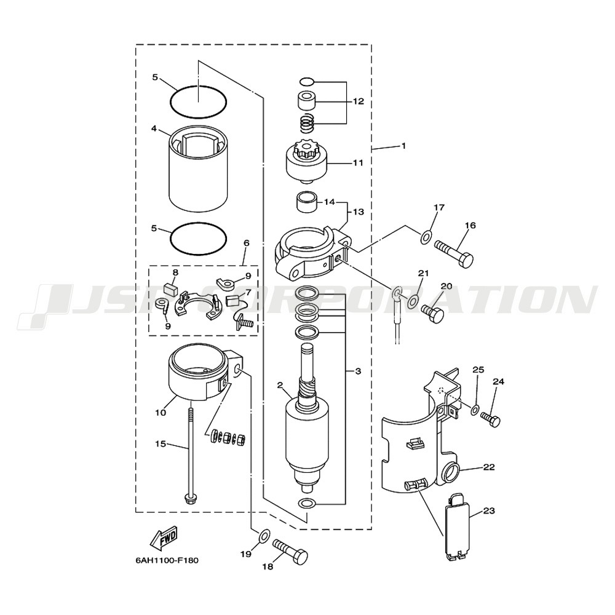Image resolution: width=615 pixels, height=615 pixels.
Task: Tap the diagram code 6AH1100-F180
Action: click(x=167, y=560)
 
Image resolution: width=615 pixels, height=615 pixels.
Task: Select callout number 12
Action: click(x=358, y=101)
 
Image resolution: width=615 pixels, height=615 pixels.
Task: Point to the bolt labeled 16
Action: click(x=454, y=255)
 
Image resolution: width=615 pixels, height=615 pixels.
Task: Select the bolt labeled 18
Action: click(x=290, y=550)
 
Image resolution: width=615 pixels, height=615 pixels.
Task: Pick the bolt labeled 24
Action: click(x=491, y=419)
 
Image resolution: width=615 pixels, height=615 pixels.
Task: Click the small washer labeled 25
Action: click(x=474, y=410)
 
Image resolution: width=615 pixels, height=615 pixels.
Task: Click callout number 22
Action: click(x=489, y=467)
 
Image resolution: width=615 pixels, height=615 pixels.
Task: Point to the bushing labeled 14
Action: click(x=307, y=202)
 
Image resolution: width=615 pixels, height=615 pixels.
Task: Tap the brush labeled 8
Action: click(x=170, y=289)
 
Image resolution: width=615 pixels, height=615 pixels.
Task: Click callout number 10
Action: click(x=161, y=412)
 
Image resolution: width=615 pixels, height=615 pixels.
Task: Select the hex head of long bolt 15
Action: click(x=190, y=499)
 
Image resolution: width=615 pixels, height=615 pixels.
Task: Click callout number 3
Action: click(x=358, y=371)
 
